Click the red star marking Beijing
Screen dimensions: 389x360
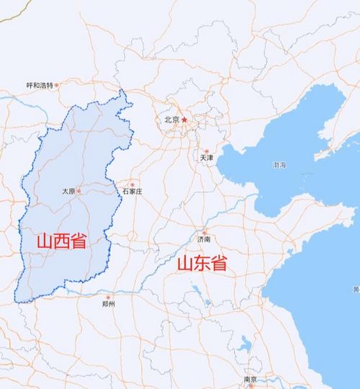coord(185,119)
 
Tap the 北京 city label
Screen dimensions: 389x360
coord(171,120)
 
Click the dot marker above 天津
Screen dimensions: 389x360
coord(205,149)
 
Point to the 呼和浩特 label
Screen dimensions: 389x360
coord(40,85)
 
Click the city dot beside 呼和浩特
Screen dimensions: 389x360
coord(57,85)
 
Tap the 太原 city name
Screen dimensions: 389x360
coord(68,191)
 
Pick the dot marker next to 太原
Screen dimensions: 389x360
coord(79,191)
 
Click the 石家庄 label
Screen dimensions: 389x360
coord(132,192)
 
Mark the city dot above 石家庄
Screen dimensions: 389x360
coord(132,184)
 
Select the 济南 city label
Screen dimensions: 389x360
coord(204,238)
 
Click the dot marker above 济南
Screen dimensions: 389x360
coord(204,231)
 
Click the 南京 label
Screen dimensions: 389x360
coord(251,379)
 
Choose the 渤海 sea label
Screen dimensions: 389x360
coord(279,166)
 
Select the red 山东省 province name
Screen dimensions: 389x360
coord(202,264)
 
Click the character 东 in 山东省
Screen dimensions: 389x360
coord(202,264)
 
